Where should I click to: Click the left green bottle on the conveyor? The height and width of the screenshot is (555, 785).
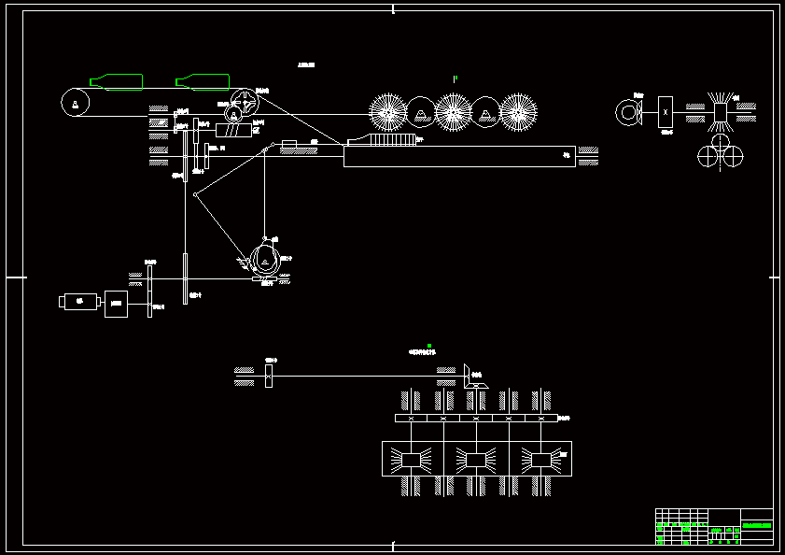pyautogui.click(x=118, y=81)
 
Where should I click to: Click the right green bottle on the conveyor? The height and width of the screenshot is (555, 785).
pyautogui.click(x=203, y=81)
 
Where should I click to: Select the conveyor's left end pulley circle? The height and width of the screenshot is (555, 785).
pyautogui.click(x=73, y=101)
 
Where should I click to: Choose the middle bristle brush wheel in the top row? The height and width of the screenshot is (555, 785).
pyautogui.click(x=454, y=111)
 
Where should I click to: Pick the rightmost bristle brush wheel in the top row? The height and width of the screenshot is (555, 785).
pyautogui.click(x=519, y=111)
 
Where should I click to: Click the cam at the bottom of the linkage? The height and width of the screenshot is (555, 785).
pyautogui.click(x=265, y=261)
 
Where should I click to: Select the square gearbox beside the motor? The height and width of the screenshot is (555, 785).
pyautogui.click(x=117, y=304)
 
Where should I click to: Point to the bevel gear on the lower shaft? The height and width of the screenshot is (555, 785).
pyautogui.click(x=471, y=376)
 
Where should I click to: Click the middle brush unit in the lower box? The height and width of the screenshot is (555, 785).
pyautogui.click(x=475, y=459)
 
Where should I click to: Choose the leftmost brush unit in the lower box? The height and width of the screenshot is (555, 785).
pyautogui.click(x=411, y=459)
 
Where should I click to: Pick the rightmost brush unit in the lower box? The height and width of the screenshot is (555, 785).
pyautogui.click(x=540, y=459)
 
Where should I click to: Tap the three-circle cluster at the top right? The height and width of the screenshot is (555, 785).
pyautogui.click(x=720, y=152)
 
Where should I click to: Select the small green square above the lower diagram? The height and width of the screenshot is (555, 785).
pyautogui.click(x=428, y=346)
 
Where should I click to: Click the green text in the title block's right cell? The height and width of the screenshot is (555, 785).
pyautogui.click(x=756, y=526)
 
